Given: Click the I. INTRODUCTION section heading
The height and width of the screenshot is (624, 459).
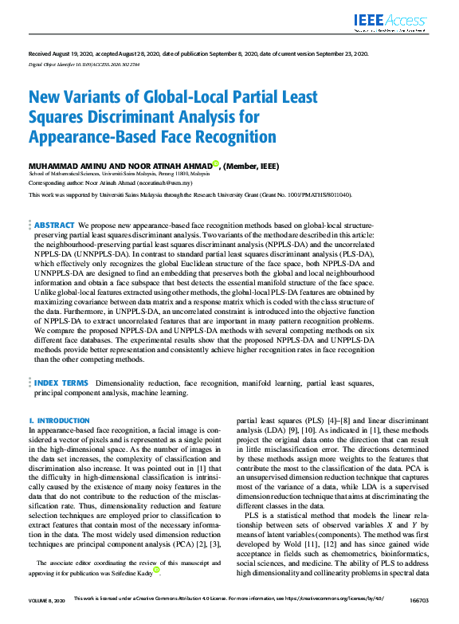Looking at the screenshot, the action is (x=58, y=420).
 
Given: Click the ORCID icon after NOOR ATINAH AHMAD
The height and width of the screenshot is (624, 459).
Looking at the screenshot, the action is (x=214, y=163).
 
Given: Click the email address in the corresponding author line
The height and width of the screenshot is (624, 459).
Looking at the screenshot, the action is (x=167, y=182).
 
